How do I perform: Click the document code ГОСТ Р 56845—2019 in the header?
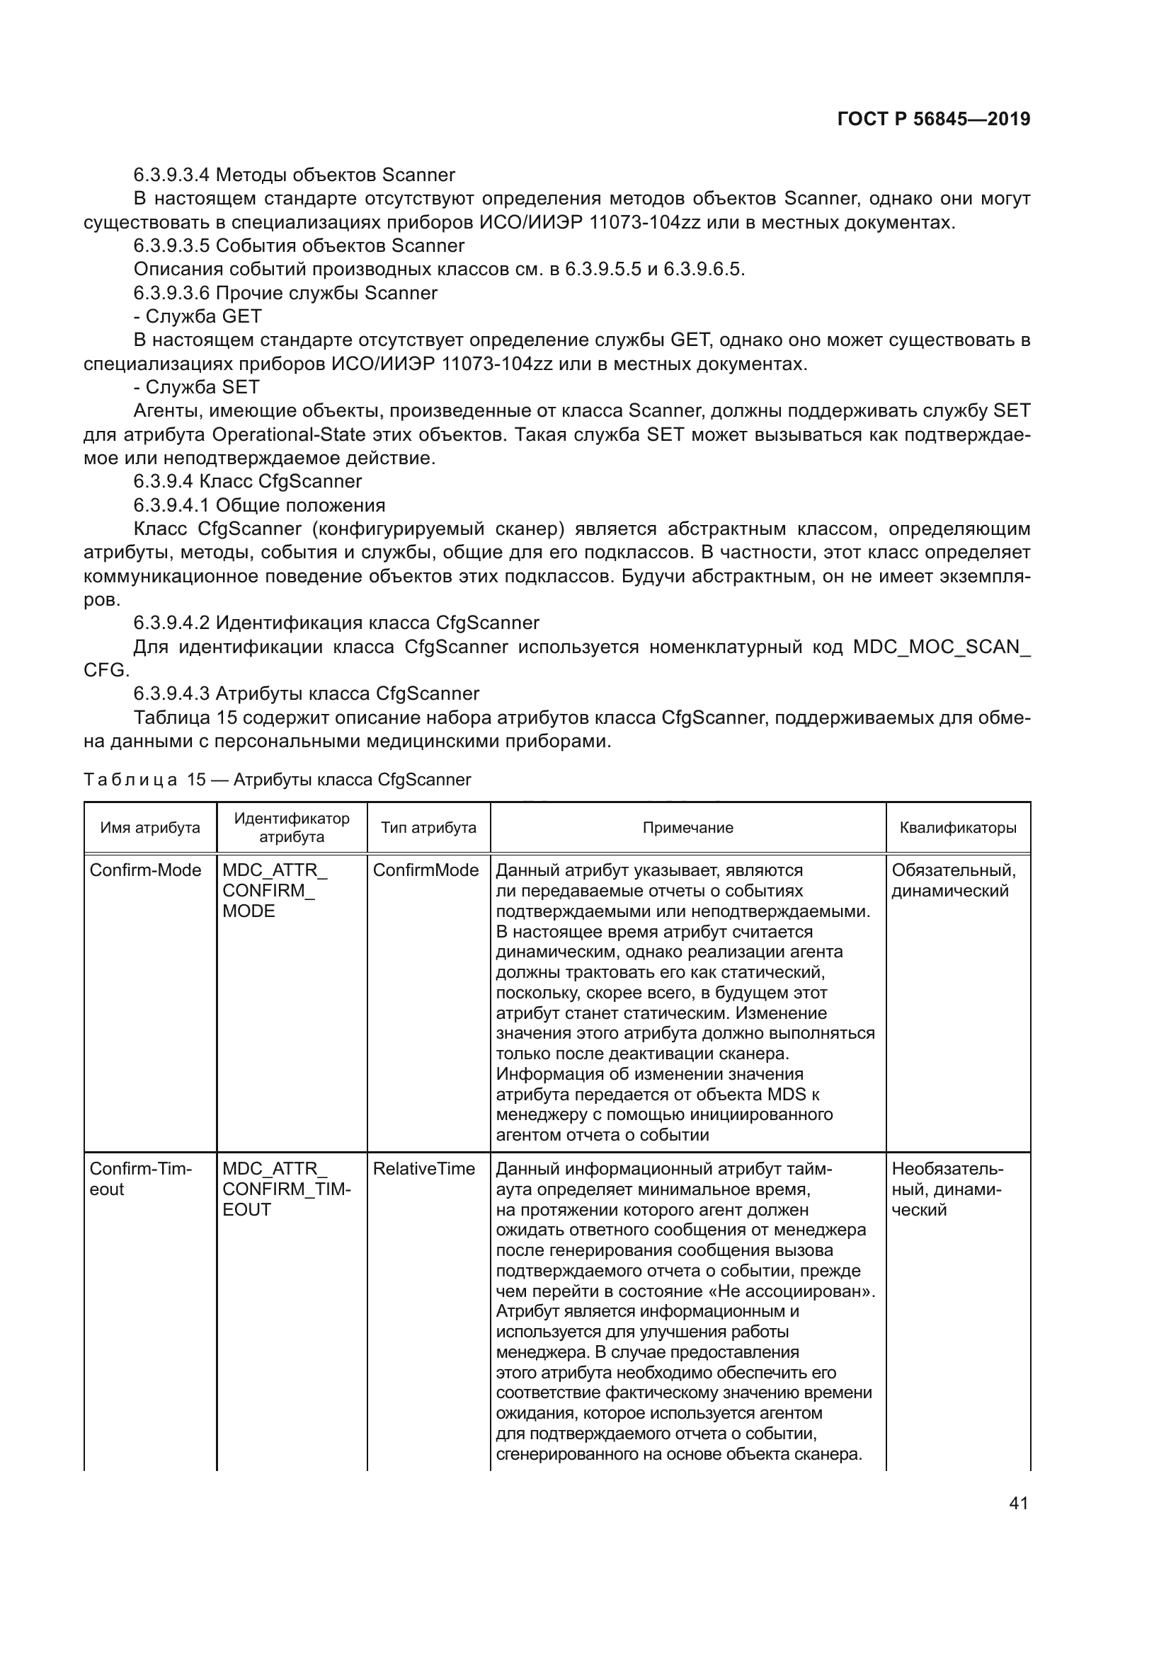(x=934, y=120)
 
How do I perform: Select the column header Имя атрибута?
(x=150, y=828)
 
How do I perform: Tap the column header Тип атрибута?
(x=428, y=828)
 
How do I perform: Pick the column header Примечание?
(x=687, y=828)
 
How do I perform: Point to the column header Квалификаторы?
(x=958, y=828)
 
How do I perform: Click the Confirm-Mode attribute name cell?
(x=145, y=870)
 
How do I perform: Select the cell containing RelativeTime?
(x=423, y=1168)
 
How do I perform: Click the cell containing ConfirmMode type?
(x=425, y=870)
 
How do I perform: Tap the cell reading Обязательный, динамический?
(x=953, y=880)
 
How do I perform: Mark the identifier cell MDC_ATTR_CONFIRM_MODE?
(x=274, y=890)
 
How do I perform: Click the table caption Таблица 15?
(x=277, y=779)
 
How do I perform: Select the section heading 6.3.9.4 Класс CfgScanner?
(x=247, y=482)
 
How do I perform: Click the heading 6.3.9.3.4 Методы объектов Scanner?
(x=295, y=175)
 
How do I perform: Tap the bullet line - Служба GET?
(x=197, y=316)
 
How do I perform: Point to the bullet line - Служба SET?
(x=196, y=387)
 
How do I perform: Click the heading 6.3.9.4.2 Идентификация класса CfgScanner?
(x=336, y=623)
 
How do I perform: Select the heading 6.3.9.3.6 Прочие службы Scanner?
(x=285, y=293)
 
